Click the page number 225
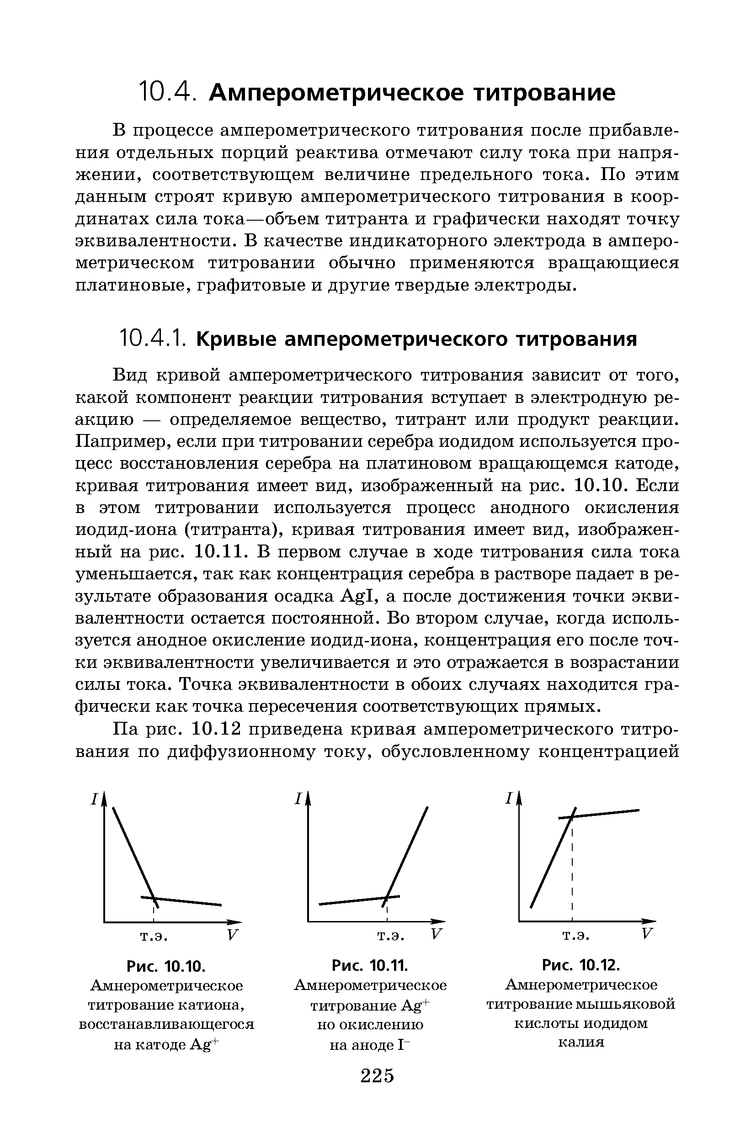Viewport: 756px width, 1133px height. (x=377, y=1075)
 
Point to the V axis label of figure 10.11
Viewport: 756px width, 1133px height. (x=436, y=934)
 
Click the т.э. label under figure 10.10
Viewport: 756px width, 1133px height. (x=154, y=936)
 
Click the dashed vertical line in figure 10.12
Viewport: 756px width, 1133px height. (x=572, y=868)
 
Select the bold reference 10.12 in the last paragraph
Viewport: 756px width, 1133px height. (x=216, y=729)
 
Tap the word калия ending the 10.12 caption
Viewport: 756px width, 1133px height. (x=581, y=1043)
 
